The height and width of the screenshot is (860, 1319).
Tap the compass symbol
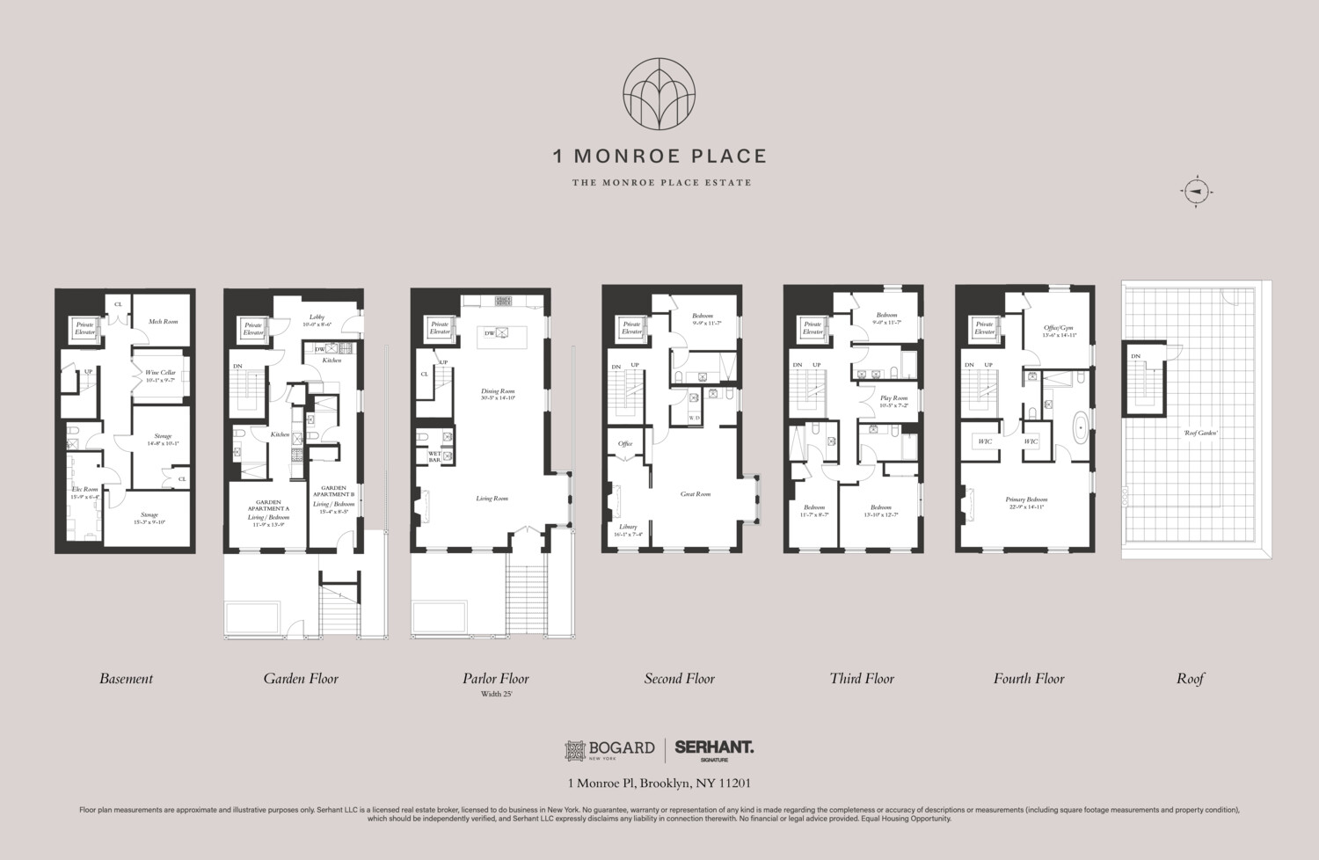1196,192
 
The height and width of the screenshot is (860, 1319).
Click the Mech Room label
163,322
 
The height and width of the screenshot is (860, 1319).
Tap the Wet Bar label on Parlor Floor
434,456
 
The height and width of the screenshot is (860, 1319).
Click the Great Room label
695,494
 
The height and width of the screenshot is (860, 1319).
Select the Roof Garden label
1199,433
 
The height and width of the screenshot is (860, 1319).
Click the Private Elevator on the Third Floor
813,328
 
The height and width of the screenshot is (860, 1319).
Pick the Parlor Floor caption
496,678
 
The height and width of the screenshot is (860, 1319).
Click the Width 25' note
496,695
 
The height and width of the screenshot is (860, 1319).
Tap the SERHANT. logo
714,747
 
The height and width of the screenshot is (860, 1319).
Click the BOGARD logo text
621,747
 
